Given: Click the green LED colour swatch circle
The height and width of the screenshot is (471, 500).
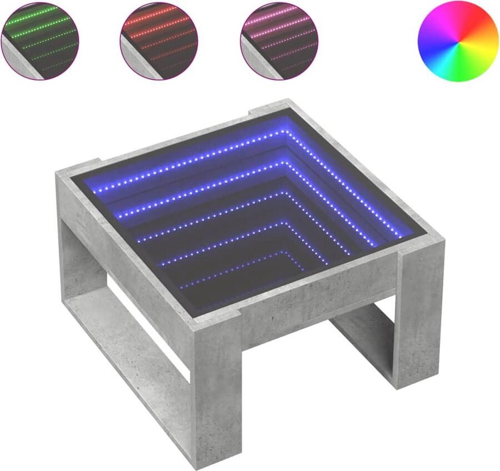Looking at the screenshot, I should (x=40, y=41).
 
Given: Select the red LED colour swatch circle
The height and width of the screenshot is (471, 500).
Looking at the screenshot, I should (x=159, y=41).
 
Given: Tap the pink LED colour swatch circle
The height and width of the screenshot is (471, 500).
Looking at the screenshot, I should (x=279, y=41).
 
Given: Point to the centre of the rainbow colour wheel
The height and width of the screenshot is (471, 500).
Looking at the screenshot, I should (x=458, y=41).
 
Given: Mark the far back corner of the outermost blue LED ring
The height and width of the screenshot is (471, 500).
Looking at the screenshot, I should (x=284, y=132).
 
